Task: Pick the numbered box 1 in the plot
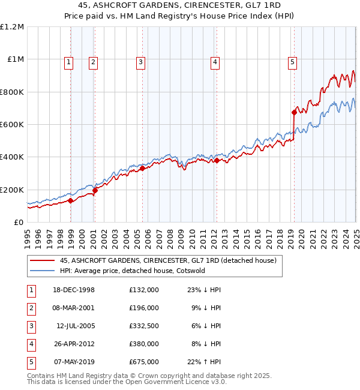69,61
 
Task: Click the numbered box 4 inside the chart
214,61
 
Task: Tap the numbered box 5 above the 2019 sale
292,61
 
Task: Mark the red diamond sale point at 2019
294,112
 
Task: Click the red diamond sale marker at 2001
95,190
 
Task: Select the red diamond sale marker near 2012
217,160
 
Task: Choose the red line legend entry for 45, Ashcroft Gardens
167,260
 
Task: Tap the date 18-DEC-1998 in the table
74,289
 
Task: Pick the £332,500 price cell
143,325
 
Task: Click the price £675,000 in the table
143,361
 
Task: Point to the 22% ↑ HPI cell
204,361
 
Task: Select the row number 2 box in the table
31,307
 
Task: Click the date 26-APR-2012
74,343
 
